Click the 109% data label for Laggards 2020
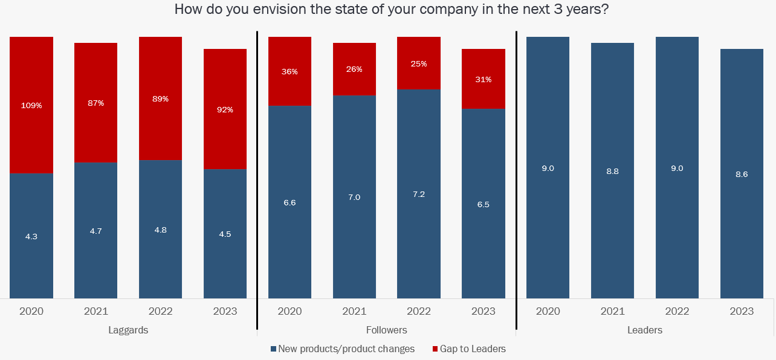click(31, 106)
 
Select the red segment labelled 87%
click(95, 103)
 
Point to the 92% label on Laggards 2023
click(225, 110)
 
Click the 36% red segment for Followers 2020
click(289, 71)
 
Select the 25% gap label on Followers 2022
click(419, 63)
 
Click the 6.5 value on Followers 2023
click(483, 204)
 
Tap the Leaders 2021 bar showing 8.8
click(612, 171)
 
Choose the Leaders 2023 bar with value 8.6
click(742, 174)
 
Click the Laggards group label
click(128, 330)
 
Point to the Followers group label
click(387, 330)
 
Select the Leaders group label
click(645, 330)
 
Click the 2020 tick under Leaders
click(548, 312)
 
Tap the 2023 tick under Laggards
click(225, 312)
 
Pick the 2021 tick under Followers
click(354, 312)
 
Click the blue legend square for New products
click(273, 349)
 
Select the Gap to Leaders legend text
click(473, 349)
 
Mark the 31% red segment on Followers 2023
click(483, 79)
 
